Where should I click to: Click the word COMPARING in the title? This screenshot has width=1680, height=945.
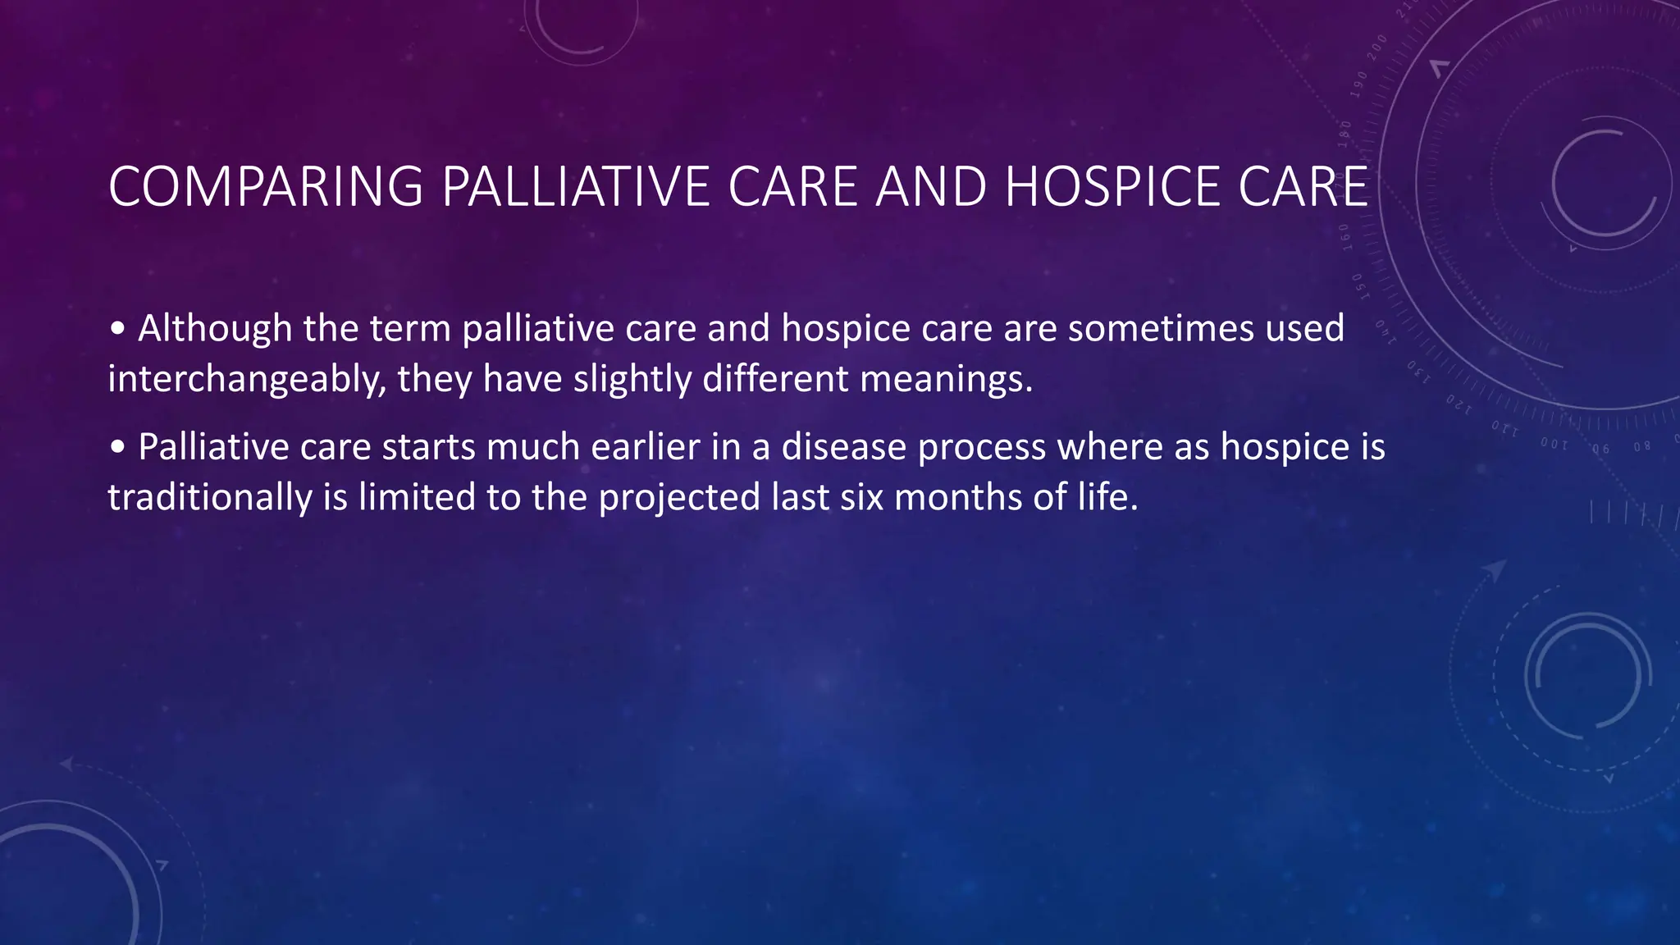pyautogui.click(x=265, y=187)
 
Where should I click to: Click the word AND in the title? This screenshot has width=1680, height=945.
pyautogui.click(x=931, y=187)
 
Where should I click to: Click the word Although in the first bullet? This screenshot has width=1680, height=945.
pyautogui.click(x=215, y=328)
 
